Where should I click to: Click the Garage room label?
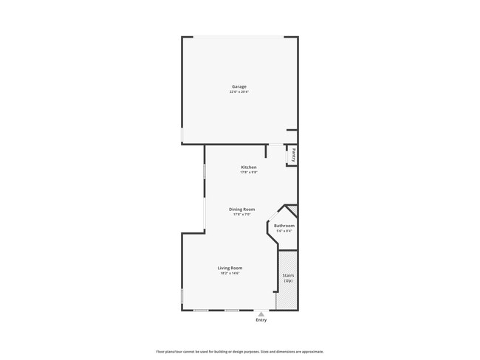(239, 86)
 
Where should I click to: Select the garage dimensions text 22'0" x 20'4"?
(239, 91)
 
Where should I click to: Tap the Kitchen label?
(249, 167)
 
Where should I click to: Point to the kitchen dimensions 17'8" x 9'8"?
(249, 173)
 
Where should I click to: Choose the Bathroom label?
(284, 226)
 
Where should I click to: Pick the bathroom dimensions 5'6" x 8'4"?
(284, 231)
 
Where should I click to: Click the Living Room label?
(230, 268)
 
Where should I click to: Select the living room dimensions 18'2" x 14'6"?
(230, 273)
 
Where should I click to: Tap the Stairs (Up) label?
(288, 278)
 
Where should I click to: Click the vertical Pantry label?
(293, 155)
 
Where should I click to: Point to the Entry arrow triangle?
(261, 314)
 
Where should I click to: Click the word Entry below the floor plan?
(261, 320)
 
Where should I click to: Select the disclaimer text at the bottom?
(239, 352)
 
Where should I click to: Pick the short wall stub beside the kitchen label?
(266, 151)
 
